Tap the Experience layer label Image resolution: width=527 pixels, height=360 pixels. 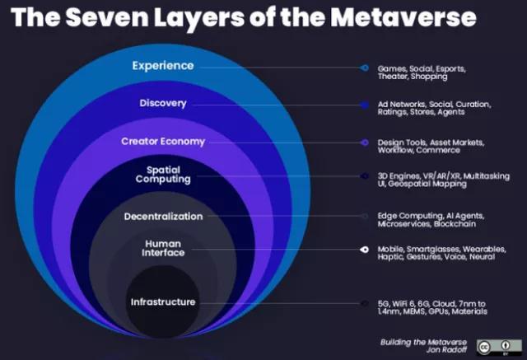pyautogui.click(x=163, y=66)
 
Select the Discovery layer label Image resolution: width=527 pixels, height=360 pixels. pyautogui.click(x=163, y=103)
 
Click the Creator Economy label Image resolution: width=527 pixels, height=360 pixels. pyautogui.click(x=163, y=141)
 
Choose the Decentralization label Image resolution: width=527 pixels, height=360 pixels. pyautogui.click(x=163, y=216)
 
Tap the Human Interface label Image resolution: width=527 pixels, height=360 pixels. pyautogui.click(x=163, y=248)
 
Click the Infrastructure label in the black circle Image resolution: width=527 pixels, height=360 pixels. pyautogui.click(x=163, y=302)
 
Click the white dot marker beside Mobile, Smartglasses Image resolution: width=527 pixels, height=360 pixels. pyautogui.click(x=364, y=250)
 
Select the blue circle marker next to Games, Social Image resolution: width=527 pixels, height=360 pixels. pyautogui.click(x=364, y=68)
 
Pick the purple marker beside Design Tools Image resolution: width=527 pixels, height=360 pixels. pyautogui.click(x=364, y=142)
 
